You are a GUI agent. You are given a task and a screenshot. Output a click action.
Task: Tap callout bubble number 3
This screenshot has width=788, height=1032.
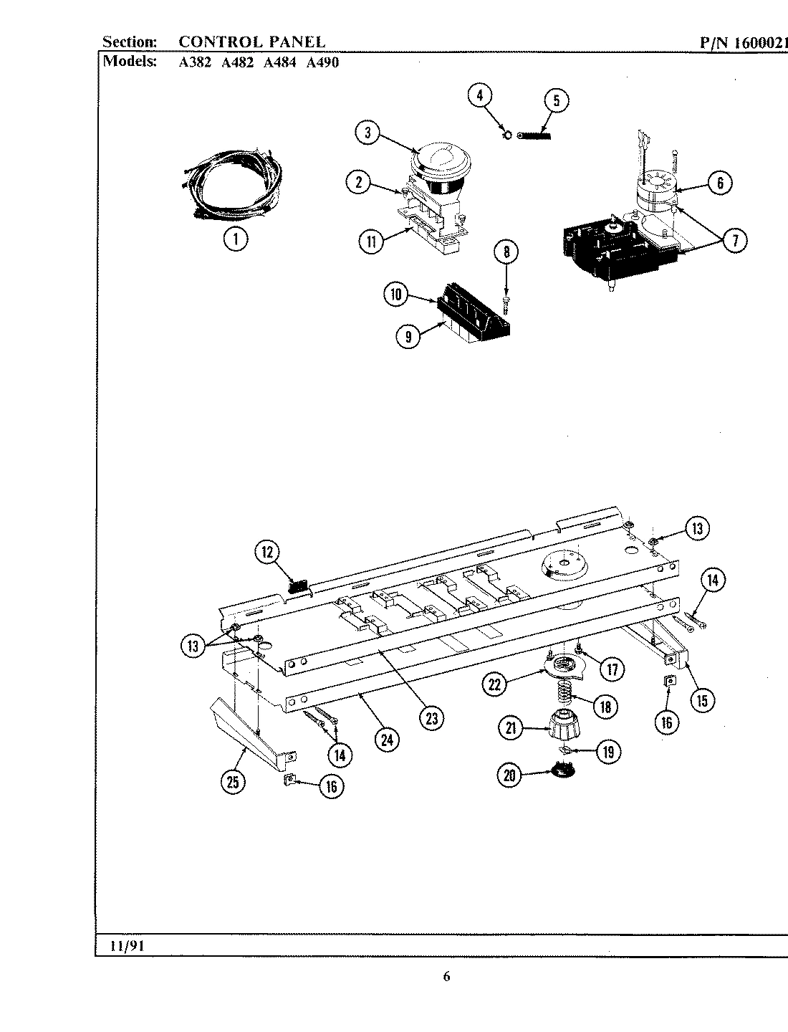367,132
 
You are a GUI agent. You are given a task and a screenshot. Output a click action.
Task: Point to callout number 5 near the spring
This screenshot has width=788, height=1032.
556,100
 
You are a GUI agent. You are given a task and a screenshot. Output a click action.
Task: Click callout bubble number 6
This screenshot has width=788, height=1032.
720,183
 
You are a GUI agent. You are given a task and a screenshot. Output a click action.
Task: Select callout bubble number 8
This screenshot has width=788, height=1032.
506,252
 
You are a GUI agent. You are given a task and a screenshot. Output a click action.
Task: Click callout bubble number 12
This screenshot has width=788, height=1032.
267,552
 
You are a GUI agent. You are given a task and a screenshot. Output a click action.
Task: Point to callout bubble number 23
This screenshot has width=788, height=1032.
431,718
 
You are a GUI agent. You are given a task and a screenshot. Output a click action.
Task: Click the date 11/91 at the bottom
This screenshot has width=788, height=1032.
128,945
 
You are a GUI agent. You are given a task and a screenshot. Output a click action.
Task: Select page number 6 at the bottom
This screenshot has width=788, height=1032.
446,976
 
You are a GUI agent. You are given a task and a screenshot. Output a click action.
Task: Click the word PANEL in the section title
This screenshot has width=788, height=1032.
297,42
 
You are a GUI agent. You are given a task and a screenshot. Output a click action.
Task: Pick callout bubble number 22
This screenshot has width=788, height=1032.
494,684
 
